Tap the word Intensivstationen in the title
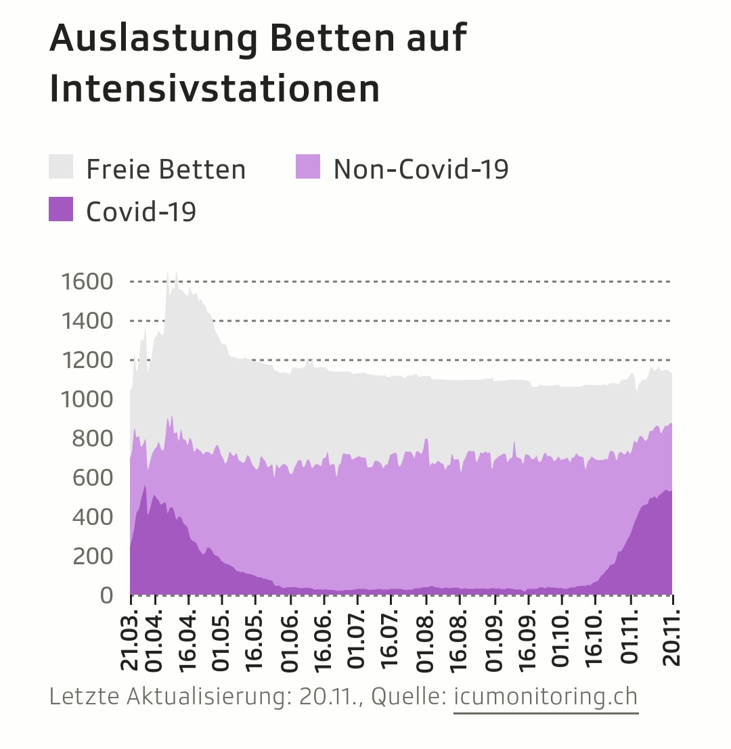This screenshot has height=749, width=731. pos(215,89)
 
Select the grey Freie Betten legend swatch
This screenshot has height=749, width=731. pos(61,167)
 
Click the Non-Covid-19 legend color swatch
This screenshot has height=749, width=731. pos(308,167)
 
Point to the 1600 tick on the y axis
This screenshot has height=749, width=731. pos(87,281)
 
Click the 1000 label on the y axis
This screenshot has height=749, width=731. pos(87,399)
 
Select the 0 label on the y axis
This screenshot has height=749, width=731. pos(106,595)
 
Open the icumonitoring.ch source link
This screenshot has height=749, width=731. pos(546,697)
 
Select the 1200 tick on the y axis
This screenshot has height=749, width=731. pos(87,359)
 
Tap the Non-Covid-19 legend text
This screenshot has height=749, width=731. pos(420,169)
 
